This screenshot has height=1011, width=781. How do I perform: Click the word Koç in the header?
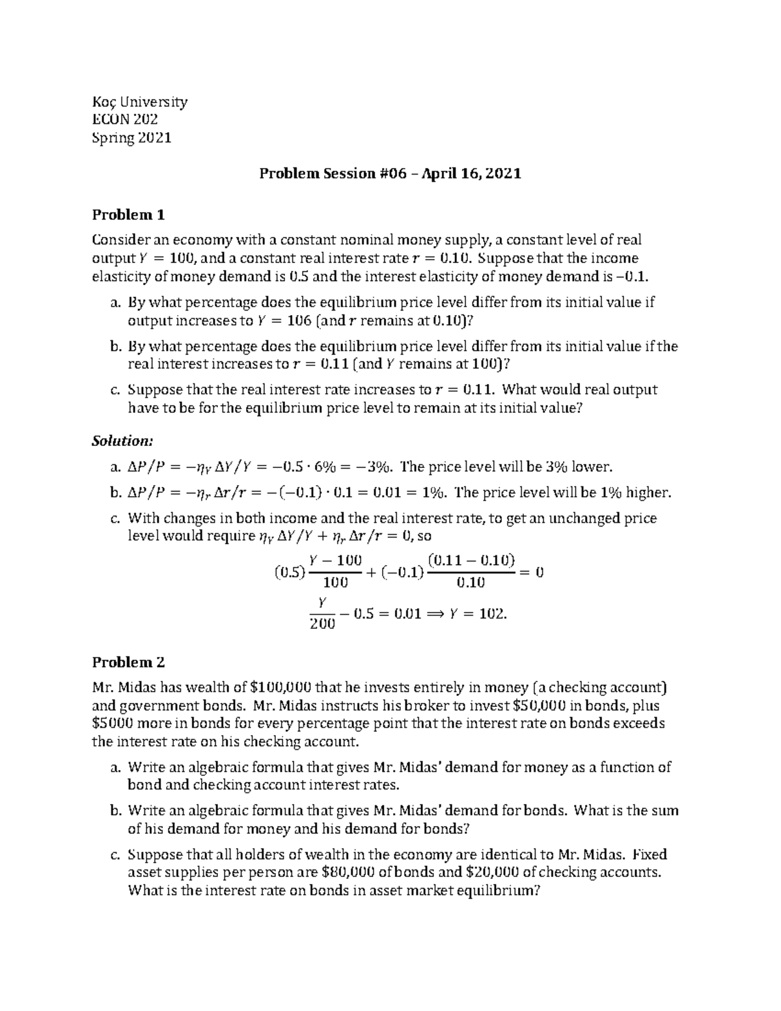[x=103, y=102]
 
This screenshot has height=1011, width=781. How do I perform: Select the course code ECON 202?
[x=125, y=119]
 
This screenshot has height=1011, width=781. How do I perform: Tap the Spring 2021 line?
[x=131, y=137]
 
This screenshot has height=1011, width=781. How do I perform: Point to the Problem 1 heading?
[x=128, y=215]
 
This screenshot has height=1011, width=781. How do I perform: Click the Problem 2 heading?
[x=128, y=662]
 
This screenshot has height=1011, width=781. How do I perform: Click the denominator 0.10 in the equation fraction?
[x=471, y=583]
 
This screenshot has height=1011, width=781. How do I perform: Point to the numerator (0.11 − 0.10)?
[x=471, y=560]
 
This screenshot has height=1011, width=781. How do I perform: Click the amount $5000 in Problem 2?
[x=114, y=724]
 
